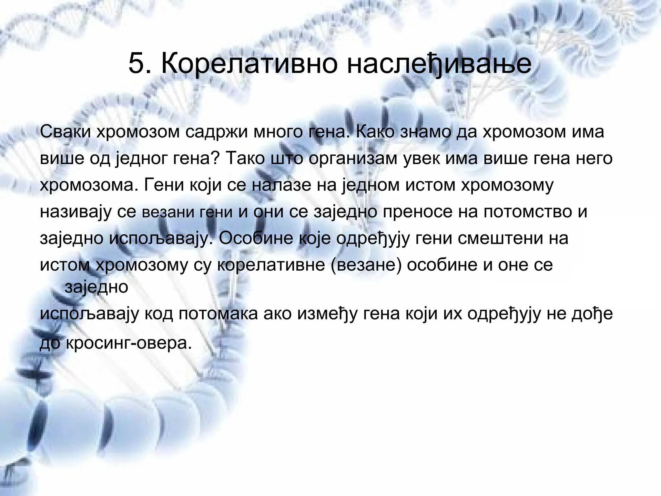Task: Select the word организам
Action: (353, 159)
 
